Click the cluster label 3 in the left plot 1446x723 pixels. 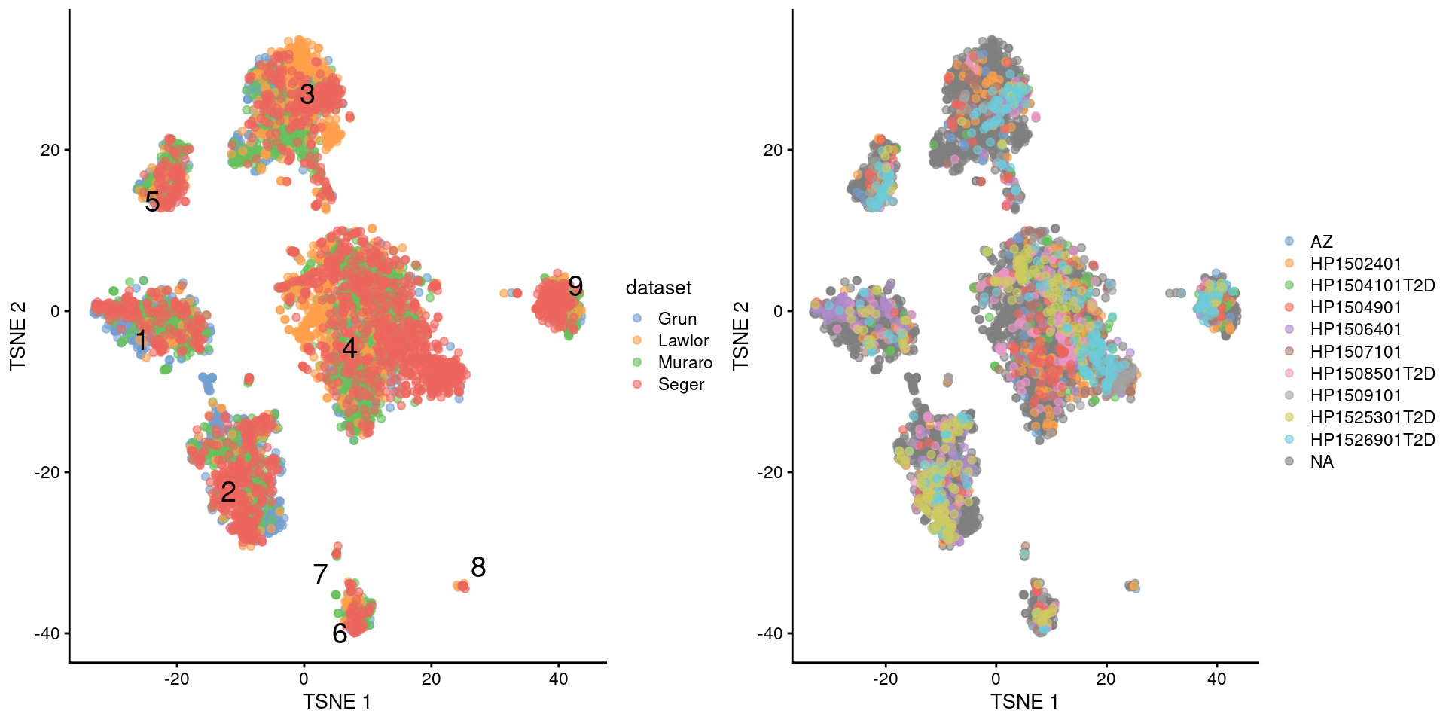[x=307, y=94]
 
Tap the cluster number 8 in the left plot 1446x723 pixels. [x=478, y=567]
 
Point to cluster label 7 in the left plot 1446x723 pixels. [x=320, y=575]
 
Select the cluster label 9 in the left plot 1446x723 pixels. [x=575, y=286]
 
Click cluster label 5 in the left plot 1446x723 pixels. [x=152, y=202]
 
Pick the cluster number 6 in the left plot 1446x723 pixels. [x=340, y=633]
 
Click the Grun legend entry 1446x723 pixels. [x=677, y=319]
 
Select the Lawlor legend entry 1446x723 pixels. [x=683, y=340]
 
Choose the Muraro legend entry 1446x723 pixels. [x=685, y=362]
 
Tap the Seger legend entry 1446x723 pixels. [x=681, y=384]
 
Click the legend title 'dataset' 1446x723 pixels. [x=658, y=288]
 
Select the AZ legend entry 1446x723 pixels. [x=1321, y=242]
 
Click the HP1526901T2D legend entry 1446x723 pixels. [x=1372, y=440]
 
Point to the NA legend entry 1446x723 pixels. [x=1322, y=462]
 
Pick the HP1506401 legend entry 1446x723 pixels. [x=1356, y=329]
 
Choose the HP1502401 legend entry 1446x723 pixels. [x=1356, y=264]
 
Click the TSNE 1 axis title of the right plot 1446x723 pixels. [x=1024, y=702]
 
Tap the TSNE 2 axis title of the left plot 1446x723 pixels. [x=18, y=336]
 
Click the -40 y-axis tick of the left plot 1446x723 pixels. [x=47, y=633]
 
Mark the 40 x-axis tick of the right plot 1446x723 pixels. [x=1216, y=679]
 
